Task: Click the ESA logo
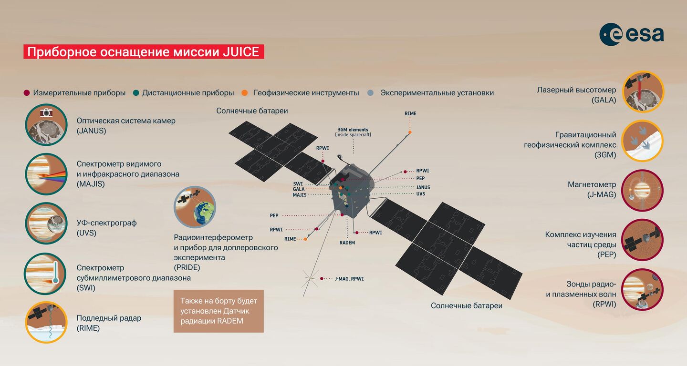(x=632, y=34)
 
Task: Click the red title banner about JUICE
(x=144, y=52)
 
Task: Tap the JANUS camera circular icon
(x=46, y=125)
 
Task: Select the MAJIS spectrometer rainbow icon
(x=46, y=174)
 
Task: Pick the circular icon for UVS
(x=46, y=224)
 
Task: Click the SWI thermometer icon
(x=45, y=274)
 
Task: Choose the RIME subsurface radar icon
(x=46, y=322)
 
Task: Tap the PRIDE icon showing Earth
(x=195, y=207)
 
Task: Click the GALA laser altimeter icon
(x=643, y=92)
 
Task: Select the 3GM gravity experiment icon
(x=642, y=141)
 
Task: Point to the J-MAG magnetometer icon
(x=642, y=191)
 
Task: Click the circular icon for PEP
(x=642, y=240)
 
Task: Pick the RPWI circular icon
(x=642, y=289)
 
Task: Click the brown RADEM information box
(x=219, y=311)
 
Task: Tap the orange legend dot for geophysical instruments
(x=244, y=93)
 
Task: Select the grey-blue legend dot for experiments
(x=371, y=93)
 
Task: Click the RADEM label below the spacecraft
(x=347, y=243)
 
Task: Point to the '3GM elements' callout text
(x=353, y=132)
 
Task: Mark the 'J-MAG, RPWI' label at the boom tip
(x=349, y=279)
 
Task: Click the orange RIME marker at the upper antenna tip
(x=410, y=132)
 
